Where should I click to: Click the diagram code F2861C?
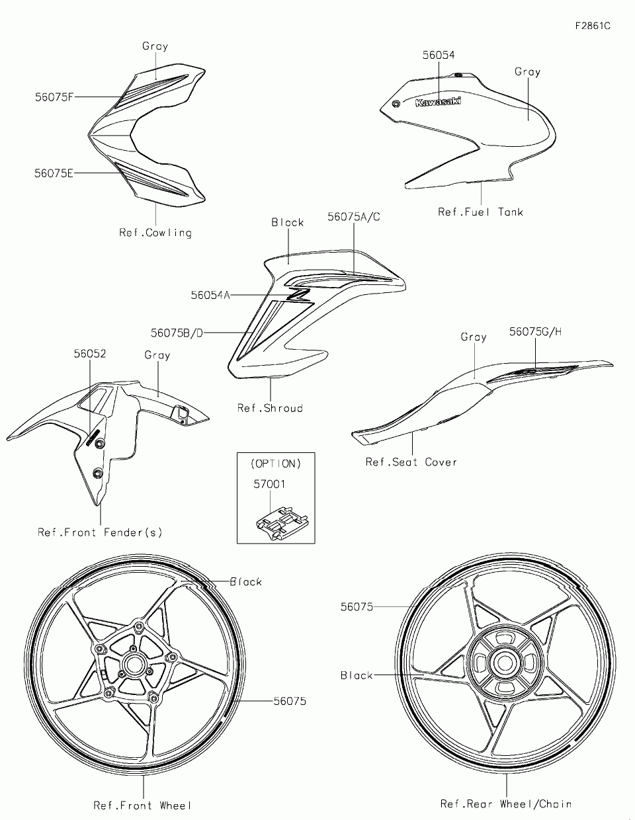point(592,26)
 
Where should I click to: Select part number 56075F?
point(54,97)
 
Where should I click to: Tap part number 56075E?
point(54,173)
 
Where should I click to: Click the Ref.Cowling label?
point(155,233)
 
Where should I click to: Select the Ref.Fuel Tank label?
point(480,212)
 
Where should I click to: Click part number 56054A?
point(210,295)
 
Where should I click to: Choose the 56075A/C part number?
point(354,217)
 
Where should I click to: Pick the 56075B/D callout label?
point(177,333)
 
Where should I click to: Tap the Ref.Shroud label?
point(270,408)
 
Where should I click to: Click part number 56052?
point(90,354)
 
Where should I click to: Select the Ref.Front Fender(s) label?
point(100,532)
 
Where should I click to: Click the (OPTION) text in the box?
point(276,464)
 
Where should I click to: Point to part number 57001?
point(270,484)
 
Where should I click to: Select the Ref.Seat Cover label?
point(411,462)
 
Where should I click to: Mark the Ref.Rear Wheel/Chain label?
point(506,804)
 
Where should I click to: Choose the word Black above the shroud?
point(288,223)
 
